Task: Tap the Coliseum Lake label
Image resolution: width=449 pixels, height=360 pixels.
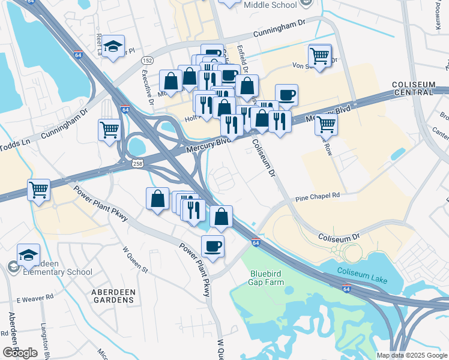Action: (x=362, y=275)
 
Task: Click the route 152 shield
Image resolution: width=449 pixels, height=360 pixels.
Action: (x=147, y=61)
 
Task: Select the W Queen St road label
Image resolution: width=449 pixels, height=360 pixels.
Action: (x=134, y=259)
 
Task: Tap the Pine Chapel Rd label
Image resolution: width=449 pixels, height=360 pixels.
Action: (x=318, y=196)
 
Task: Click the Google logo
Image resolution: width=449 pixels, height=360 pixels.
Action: (x=20, y=353)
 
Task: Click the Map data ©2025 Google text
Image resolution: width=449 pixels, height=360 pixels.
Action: (x=411, y=355)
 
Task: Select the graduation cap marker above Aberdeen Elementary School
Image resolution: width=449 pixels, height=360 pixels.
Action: (x=28, y=255)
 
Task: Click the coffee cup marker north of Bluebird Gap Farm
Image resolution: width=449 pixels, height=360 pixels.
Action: (x=212, y=246)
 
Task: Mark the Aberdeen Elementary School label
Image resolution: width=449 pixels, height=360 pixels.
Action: (x=54, y=268)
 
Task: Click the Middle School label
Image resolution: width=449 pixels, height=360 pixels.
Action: (x=270, y=5)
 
